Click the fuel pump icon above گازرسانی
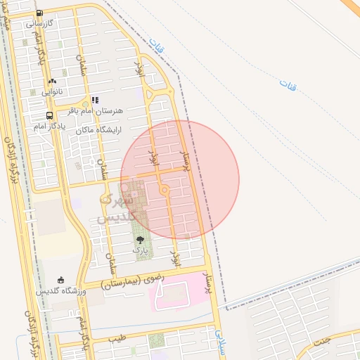pos(38,13)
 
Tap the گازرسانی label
pos(40,23)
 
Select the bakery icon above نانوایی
pos(52,81)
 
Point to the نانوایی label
pos(52,91)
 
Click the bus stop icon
pos(49,115)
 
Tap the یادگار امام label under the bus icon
pos(49,126)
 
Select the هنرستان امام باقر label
pos(95,111)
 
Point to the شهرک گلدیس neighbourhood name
pos(115,204)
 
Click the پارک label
pos(141,250)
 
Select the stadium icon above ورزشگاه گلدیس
pos(61,280)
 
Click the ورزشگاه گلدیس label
pos(61,290)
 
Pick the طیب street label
pos(117,339)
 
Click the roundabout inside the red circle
pos(165,189)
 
